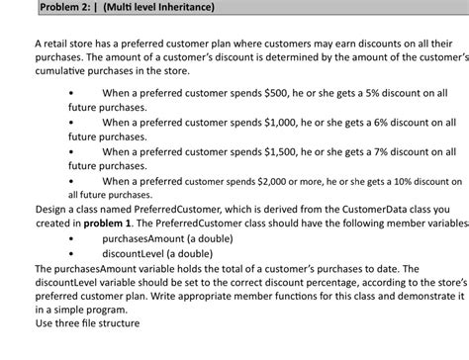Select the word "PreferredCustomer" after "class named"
tap(151, 209)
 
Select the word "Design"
tap(52, 209)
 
